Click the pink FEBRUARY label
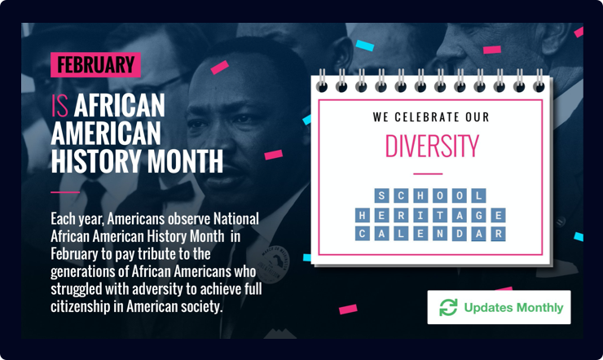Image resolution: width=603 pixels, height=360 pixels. [x=95, y=65]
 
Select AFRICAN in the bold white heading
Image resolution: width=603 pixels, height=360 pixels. [x=120, y=105]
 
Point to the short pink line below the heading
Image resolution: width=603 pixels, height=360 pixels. [x=64, y=192]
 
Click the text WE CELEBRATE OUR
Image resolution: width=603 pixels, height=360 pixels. [x=431, y=117]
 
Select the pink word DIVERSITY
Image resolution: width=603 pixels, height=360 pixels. [x=431, y=146]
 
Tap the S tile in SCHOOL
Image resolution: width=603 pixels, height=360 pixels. [x=381, y=196]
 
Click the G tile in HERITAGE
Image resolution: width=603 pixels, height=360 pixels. [x=479, y=215]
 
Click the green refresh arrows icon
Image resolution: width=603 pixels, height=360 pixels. [x=448, y=308]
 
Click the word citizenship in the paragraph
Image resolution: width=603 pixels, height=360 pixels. [x=82, y=307]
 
